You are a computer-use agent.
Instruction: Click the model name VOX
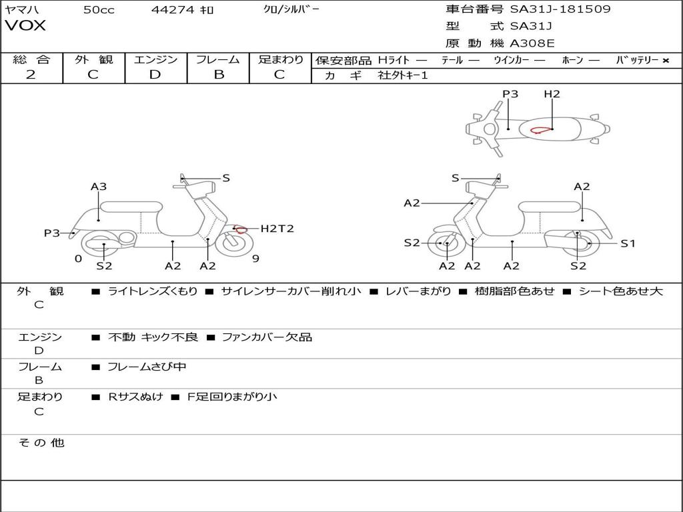coord(25,26)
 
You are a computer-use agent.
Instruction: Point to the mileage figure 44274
coord(172,10)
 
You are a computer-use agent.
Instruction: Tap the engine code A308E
coord(532,43)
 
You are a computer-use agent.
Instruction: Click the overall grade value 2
coord(31,75)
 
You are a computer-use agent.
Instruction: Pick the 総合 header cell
coord(31,60)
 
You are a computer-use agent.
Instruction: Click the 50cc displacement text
coord(99,10)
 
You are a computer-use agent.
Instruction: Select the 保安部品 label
coord(343,61)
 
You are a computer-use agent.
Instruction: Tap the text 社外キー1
coord(403,75)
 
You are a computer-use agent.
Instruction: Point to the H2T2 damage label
coord(277,229)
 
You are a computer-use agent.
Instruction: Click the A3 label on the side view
coord(99,187)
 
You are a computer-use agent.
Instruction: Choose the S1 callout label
coord(628,243)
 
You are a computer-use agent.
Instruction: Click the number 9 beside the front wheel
coord(255,259)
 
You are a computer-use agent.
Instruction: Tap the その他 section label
coord(41,443)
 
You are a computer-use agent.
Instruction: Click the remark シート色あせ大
coord(620,291)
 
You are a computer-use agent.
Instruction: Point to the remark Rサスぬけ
coord(135,397)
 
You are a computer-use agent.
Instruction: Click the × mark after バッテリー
coord(665,61)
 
